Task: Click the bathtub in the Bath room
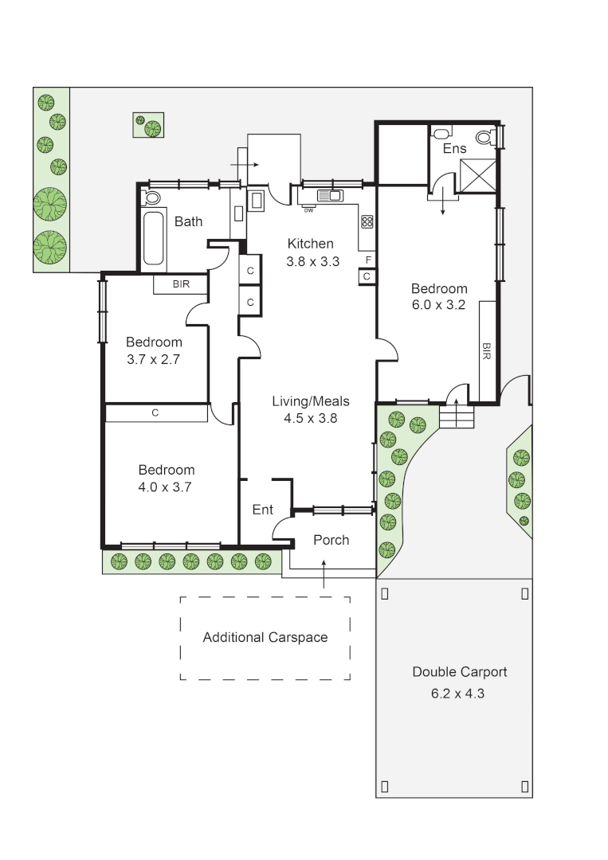click(x=155, y=239)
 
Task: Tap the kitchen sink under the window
click(x=330, y=195)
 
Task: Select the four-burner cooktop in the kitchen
click(x=367, y=221)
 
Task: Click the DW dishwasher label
click(x=308, y=210)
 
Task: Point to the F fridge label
click(x=367, y=260)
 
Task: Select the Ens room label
click(x=454, y=149)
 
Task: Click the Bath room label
click(x=188, y=221)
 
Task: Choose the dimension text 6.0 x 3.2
click(x=439, y=304)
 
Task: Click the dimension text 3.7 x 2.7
click(x=154, y=359)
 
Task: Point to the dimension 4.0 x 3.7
click(x=166, y=487)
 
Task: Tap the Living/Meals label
click(x=311, y=401)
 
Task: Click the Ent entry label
click(x=263, y=510)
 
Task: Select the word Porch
click(x=331, y=540)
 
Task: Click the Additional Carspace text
click(x=265, y=637)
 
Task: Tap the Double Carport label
click(x=459, y=672)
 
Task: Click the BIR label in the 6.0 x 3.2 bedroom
click(x=486, y=351)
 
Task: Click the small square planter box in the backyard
click(x=147, y=125)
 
